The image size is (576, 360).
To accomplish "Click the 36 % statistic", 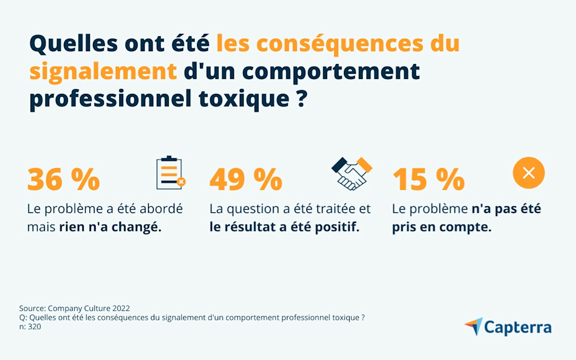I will (x=63, y=179).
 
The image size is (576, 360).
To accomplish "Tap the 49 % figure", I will (x=245, y=179).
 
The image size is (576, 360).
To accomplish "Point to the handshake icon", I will (x=351, y=173).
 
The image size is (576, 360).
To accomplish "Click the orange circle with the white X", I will (x=529, y=172).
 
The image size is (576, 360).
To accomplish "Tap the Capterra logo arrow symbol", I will (x=473, y=327).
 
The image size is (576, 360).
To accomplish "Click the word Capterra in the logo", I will (x=517, y=328).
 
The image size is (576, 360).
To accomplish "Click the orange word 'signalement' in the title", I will (x=103, y=71).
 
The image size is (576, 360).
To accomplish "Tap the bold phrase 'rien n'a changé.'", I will (x=110, y=227).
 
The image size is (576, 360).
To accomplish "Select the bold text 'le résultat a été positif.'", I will (x=284, y=227).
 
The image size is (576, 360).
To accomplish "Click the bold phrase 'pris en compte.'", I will (x=441, y=227).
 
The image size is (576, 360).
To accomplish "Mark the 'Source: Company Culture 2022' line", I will (x=78, y=308).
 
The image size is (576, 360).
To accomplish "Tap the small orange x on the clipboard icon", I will (x=181, y=182).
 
